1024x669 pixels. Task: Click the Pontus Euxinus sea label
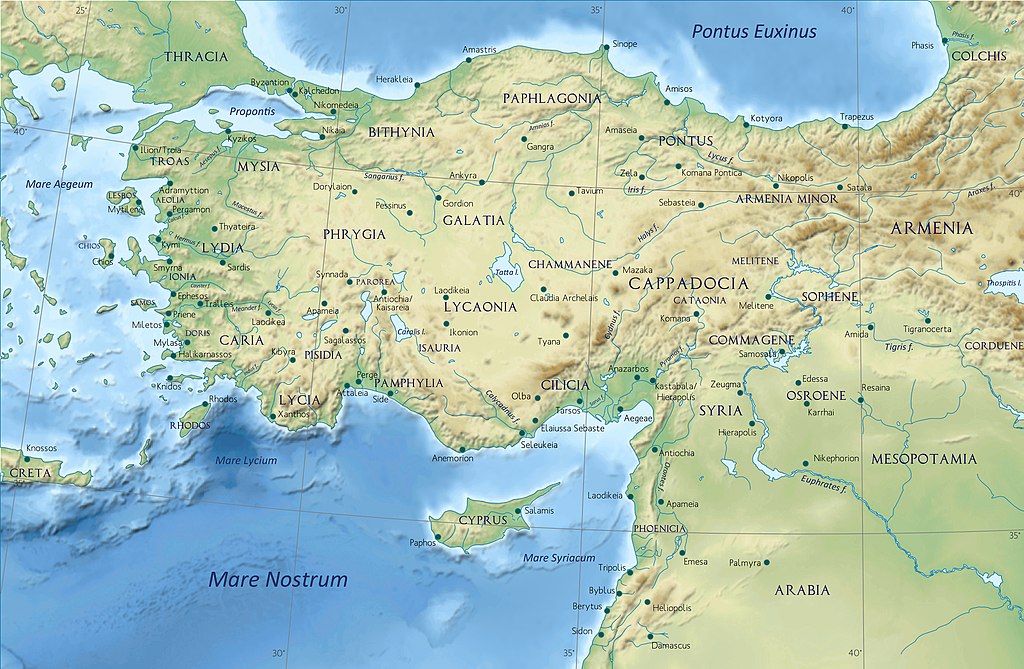(x=754, y=31)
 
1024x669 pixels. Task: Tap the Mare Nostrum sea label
(x=278, y=579)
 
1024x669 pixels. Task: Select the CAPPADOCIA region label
(x=688, y=283)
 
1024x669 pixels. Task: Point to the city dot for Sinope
(x=604, y=46)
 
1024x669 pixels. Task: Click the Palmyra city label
(x=744, y=563)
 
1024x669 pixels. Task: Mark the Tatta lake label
(x=506, y=272)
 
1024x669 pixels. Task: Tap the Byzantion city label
(x=269, y=82)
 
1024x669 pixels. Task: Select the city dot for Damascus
(x=650, y=635)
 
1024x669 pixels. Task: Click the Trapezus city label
(x=856, y=117)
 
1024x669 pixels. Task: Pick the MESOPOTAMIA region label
(x=923, y=459)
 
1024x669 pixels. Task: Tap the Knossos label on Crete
(x=42, y=447)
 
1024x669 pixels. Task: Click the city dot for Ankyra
(x=481, y=182)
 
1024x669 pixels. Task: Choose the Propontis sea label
(x=252, y=111)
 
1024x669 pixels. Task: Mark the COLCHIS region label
(x=978, y=56)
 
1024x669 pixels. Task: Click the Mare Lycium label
(x=247, y=460)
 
